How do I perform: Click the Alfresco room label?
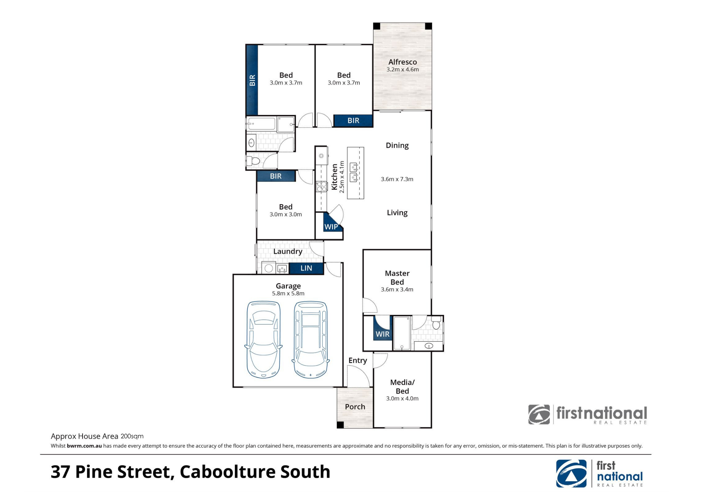pos(402,62)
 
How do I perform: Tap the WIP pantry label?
pos(331,227)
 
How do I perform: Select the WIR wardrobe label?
pos(383,334)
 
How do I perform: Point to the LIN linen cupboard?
pos(306,268)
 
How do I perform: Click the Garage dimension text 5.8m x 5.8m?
pos(288,294)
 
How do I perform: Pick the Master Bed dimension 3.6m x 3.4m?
pos(397,289)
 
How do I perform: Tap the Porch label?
pos(355,407)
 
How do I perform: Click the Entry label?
pos(358,361)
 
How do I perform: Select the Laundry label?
pos(288,252)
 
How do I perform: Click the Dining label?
pos(397,146)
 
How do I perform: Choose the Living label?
pos(397,213)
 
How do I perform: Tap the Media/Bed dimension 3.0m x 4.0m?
pos(402,398)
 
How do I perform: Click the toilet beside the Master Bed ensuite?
pos(436,323)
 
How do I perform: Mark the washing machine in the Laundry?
pos(269,268)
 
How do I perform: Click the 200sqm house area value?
pos(132,437)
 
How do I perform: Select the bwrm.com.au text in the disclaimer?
pos(84,446)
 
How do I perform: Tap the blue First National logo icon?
pos(572,474)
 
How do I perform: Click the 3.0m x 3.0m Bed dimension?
pos(286,215)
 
